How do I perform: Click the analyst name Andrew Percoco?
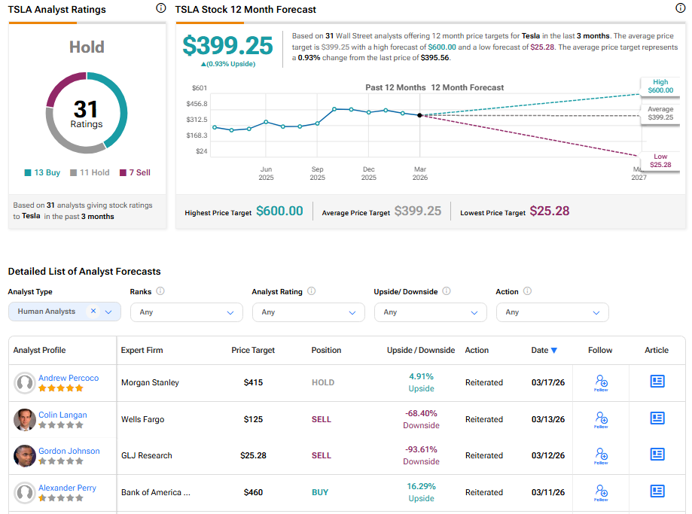click(69, 378)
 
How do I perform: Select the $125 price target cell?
click(253, 419)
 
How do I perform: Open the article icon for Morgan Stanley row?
click(657, 382)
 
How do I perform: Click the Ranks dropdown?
click(186, 312)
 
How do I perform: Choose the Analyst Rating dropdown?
click(308, 312)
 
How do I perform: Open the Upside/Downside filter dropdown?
click(430, 312)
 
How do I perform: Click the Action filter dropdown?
click(552, 312)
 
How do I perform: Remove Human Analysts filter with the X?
click(93, 311)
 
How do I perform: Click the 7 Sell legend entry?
click(135, 172)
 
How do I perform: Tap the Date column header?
click(544, 350)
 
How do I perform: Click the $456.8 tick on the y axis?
click(197, 104)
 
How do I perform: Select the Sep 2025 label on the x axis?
click(317, 173)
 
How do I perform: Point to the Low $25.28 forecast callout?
click(660, 160)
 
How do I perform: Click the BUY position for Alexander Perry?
click(320, 492)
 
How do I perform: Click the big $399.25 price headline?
click(227, 46)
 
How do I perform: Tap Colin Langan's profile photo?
click(25, 420)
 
